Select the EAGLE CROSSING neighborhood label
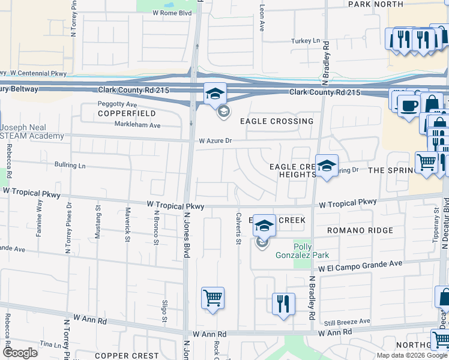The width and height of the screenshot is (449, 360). click(x=277, y=121)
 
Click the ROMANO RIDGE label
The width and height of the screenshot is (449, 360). click(x=360, y=230)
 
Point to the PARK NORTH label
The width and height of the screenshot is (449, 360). click(x=376, y=4)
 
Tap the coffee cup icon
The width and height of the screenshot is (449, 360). click(x=409, y=106)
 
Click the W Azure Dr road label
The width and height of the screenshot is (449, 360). click(x=215, y=141)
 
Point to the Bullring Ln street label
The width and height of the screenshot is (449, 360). click(x=70, y=164)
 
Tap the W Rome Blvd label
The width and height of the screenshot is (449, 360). click(x=173, y=12)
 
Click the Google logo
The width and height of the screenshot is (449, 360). click(x=20, y=353)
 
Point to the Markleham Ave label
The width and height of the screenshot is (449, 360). click(x=138, y=125)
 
